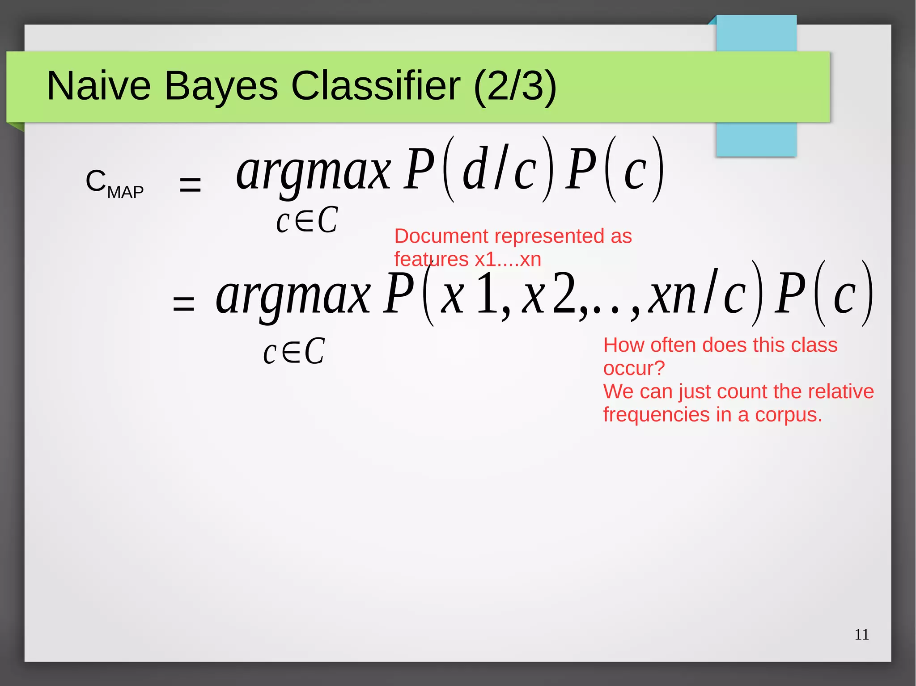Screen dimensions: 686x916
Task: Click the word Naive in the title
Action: click(x=99, y=86)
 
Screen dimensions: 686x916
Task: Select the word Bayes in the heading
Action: click(x=221, y=86)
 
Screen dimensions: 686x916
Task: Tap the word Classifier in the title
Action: click(x=376, y=86)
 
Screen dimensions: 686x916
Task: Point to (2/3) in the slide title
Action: click(x=515, y=86)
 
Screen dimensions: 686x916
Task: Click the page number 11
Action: click(x=861, y=635)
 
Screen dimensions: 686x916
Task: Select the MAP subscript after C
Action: click(x=126, y=193)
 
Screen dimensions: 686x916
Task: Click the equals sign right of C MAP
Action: click(x=190, y=184)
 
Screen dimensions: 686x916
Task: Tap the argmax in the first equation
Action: click(x=313, y=172)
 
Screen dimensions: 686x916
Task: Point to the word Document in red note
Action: click(x=441, y=236)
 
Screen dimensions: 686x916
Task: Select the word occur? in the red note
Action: click(x=634, y=368)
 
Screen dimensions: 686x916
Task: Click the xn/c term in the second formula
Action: click(x=698, y=295)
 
